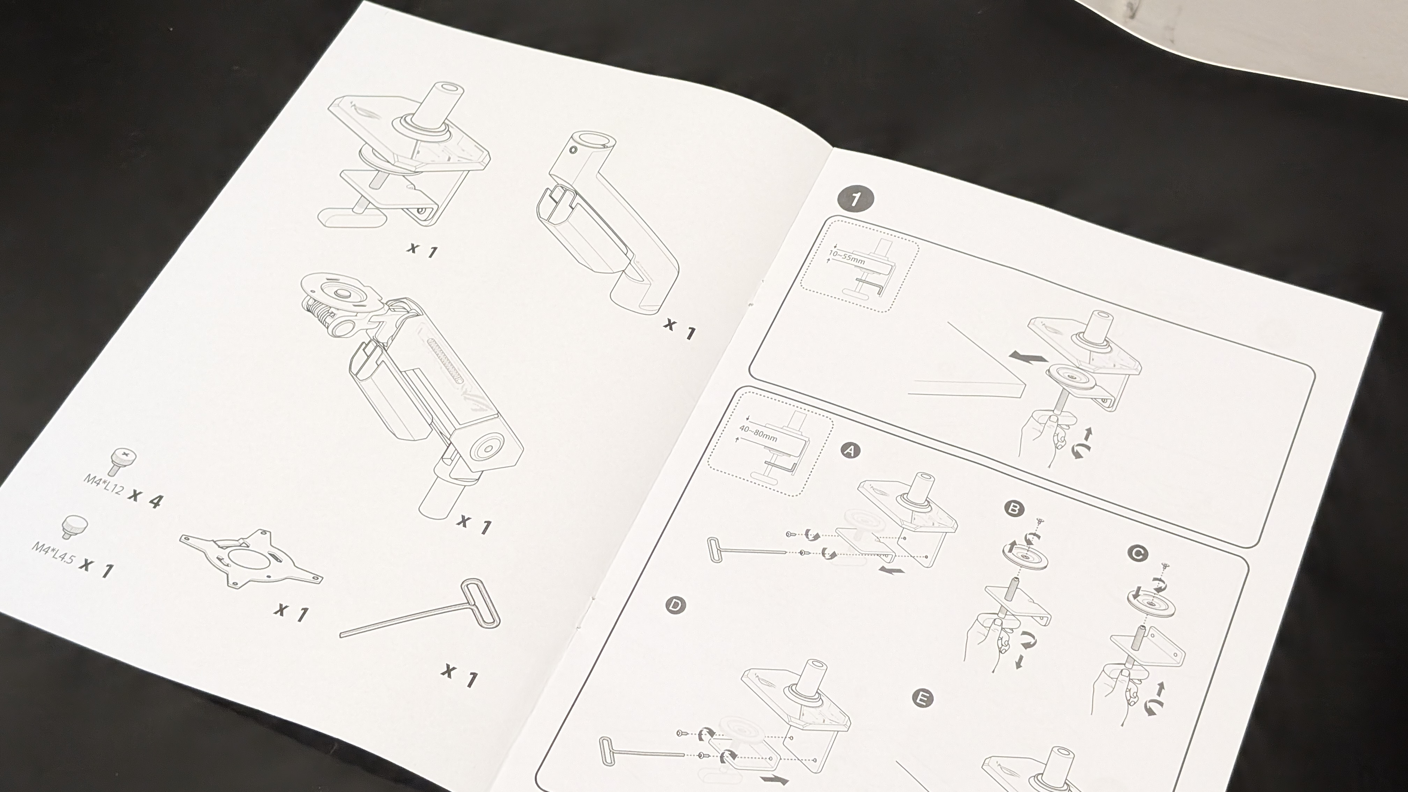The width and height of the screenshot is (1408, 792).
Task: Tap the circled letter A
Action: [850, 450]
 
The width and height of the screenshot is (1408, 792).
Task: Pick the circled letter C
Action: [1138, 554]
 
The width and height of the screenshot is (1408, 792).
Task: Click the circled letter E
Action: [923, 698]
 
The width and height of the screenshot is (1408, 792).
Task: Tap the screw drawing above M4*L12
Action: [123, 461]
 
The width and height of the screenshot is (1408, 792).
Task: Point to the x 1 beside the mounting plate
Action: [291, 612]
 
